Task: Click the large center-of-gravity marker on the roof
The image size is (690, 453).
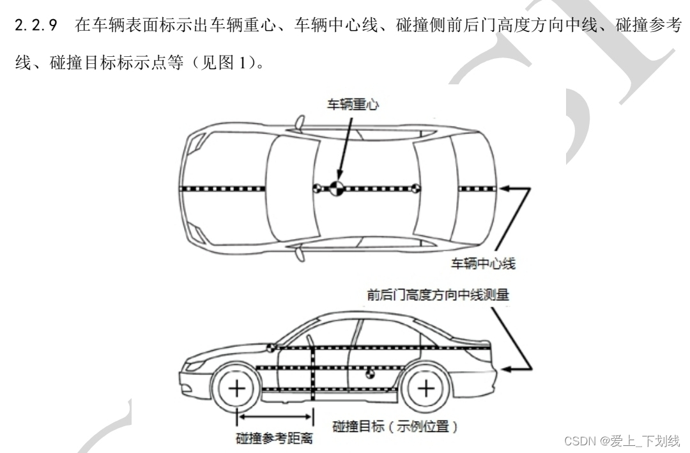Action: click(x=336, y=188)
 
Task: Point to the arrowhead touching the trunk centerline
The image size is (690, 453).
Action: click(x=504, y=188)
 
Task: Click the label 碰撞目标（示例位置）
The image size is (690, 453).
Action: click(x=395, y=426)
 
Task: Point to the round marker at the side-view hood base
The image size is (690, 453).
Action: click(x=272, y=348)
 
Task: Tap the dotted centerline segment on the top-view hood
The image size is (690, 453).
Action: click(x=224, y=188)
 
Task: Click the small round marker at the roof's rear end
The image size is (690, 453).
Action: click(x=414, y=188)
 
